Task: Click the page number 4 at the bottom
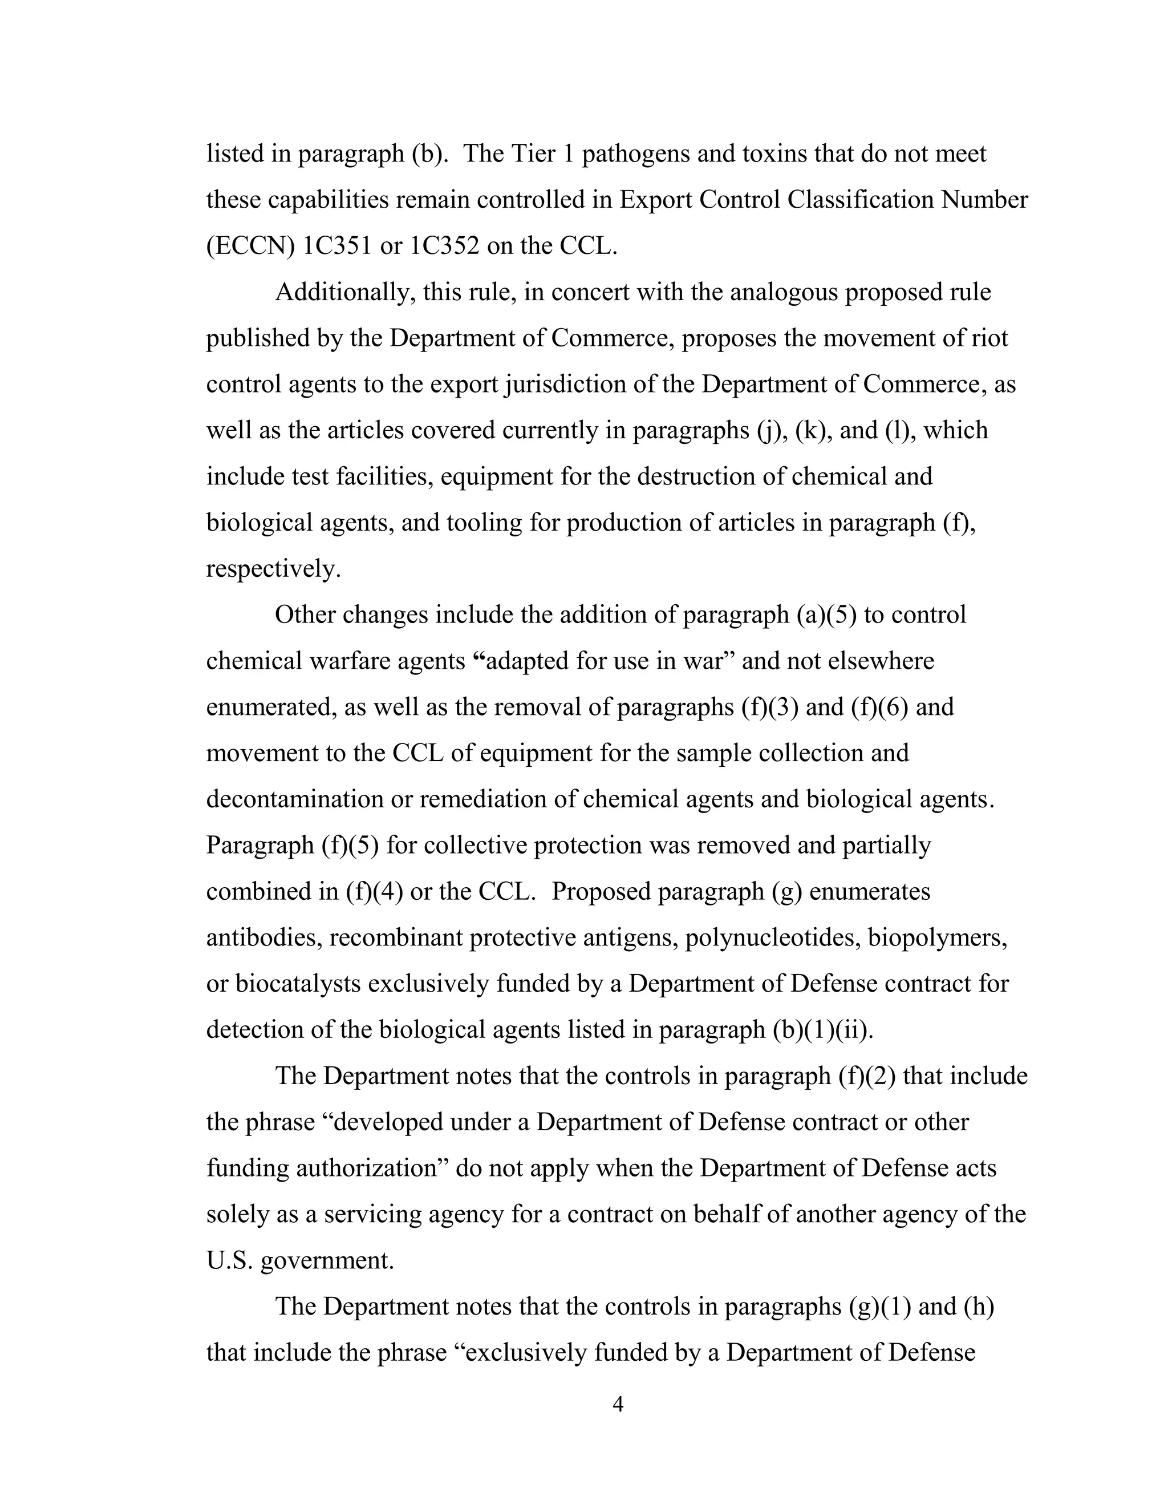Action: pyautogui.click(x=618, y=1405)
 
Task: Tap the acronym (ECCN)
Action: pyautogui.click(x=251, y=246)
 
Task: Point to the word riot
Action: pyautogui.click(x=990, y=338)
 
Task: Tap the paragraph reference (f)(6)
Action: pyautogui.click(x=879, y=707)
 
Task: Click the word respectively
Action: pyautogui.click(x=273, y=569)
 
